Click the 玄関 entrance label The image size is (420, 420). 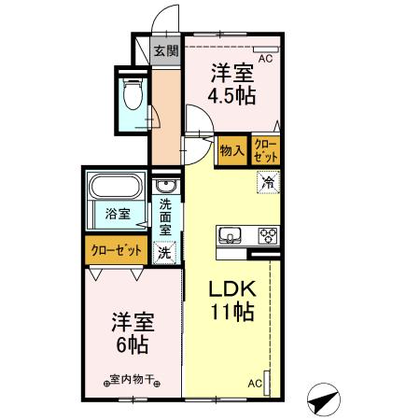pos(165,52)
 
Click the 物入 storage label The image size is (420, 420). pos(231,149)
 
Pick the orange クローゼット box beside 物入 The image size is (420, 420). pos(265,150)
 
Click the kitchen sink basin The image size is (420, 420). pos(230,234)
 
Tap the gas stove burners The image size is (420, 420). pos(265,234)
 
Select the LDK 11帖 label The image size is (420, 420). pos(230,301)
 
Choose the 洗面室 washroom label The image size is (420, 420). pos(165,217)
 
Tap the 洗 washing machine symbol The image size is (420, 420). pos(164,251)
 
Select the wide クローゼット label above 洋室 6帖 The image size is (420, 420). pos(117,249)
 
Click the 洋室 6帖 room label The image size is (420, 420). pos(130,331)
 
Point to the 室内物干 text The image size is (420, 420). pos(130,382)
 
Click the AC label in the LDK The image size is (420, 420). pos(254,384)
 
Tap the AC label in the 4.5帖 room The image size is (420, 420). pos(265,58)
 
